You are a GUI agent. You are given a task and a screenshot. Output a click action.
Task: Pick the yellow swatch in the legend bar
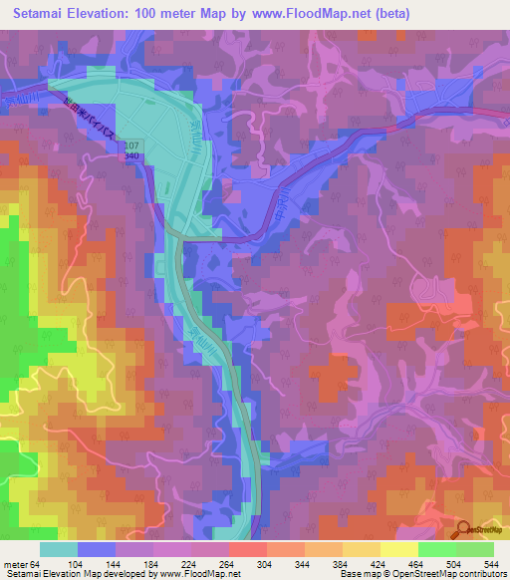point(398,549)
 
